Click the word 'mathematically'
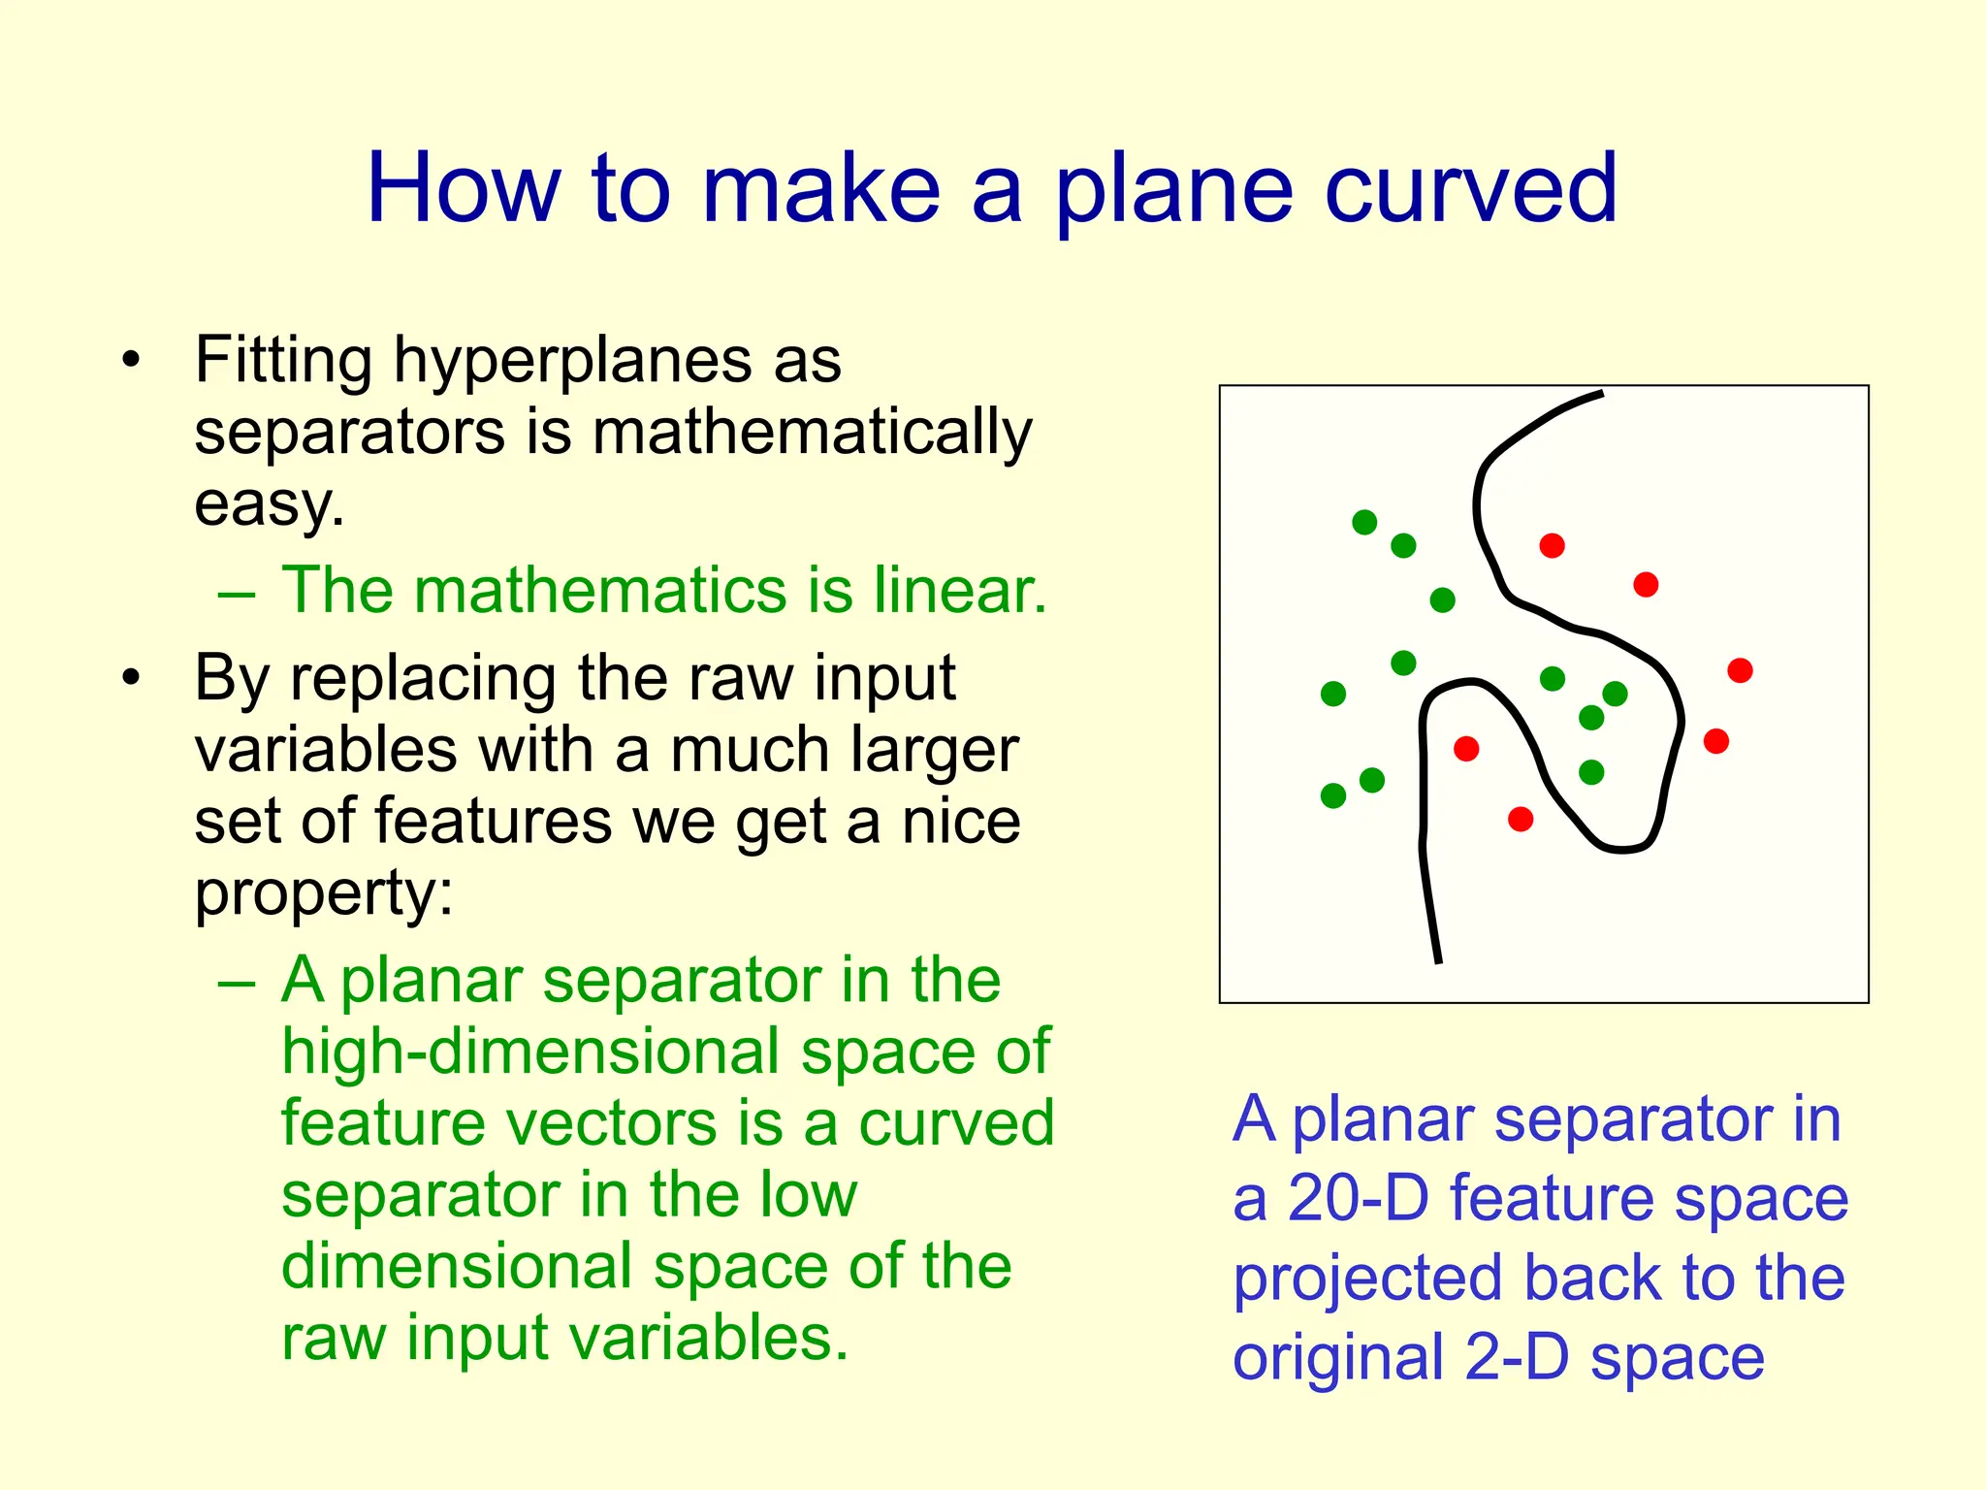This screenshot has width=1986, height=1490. click(812, 434)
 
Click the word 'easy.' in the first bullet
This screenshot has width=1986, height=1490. click(270, 505)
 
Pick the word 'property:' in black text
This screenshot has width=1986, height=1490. click(324, 893)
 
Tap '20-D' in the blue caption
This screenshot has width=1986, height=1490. click(1358, 1199)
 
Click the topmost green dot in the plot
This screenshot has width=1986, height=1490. click(1364, 523)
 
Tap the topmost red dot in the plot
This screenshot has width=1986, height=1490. click(1552, 546)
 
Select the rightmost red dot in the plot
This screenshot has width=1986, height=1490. click(1740, 670)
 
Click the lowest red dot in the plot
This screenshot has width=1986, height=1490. click(1521, 820)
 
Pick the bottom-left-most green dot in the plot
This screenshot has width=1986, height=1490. click(1333, 795)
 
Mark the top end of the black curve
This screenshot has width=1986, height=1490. click(1601, 393)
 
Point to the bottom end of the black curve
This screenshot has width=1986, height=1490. click(1438, 961)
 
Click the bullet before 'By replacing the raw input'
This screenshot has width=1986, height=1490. click(132, 678)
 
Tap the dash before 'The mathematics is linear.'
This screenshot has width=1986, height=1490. click(237, 592)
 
